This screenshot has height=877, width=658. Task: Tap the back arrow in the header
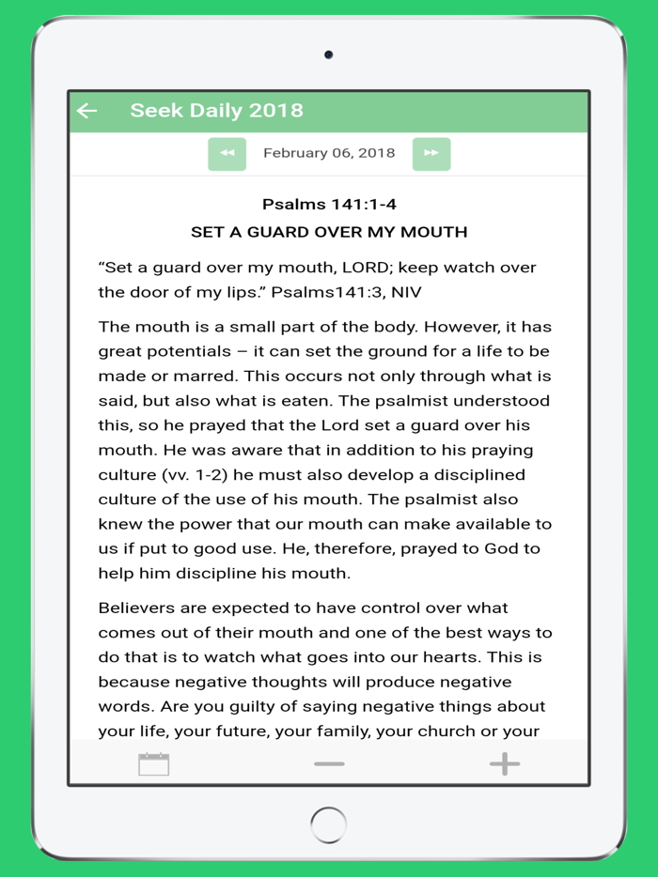(x=87, y=111)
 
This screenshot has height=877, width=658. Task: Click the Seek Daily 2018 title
(x=216, y=111)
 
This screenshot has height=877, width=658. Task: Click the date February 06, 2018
(x=329, y=153)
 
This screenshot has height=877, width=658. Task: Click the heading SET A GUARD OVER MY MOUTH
(x=329, y=232)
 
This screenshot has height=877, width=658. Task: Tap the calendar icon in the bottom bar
(x=153, y=764)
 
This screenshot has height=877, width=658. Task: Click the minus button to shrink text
(x=329, y=764)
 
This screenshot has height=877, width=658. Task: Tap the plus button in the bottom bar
(x=505, y=764)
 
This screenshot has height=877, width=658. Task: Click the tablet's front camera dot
(x=328, y=54)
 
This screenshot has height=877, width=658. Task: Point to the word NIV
(x=406, y=292)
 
